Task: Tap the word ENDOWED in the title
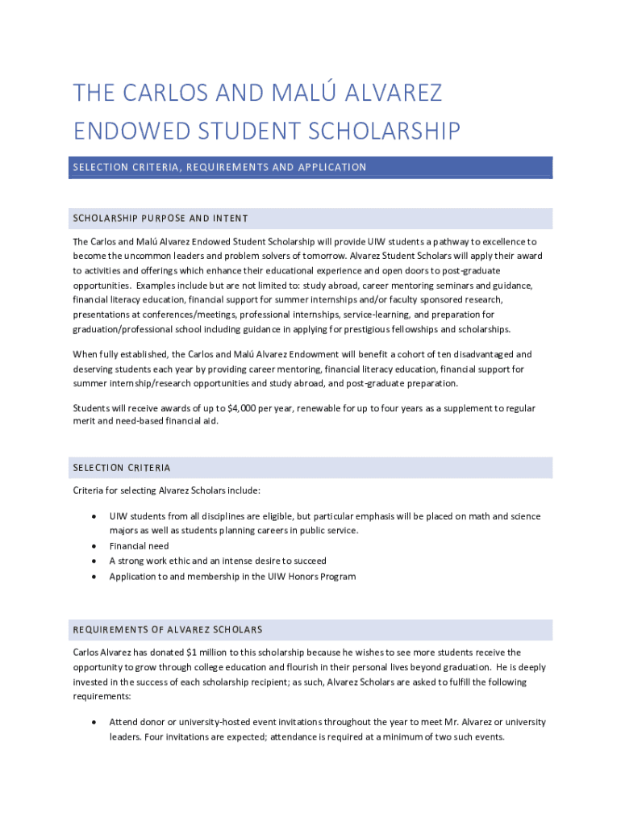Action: coord(138,131)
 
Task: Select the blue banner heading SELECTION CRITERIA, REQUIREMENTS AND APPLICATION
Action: coord(219,167)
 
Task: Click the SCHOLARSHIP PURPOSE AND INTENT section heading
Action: coord(160,219)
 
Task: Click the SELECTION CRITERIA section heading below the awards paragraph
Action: coord(122,468)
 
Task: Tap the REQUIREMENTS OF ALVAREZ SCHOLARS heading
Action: coord(168,629)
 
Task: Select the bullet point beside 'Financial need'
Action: coord(94,546)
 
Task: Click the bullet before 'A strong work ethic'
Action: coord(94,561)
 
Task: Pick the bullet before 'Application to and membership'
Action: coord(94,577)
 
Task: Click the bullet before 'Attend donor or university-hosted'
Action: coord(94,722)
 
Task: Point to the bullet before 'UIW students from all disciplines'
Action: coord(94,516)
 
